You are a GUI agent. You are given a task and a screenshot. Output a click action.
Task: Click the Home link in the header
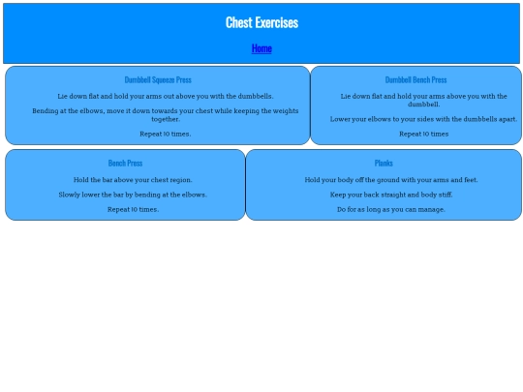pos(261,48)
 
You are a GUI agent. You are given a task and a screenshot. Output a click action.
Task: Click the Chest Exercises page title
pos(261,22)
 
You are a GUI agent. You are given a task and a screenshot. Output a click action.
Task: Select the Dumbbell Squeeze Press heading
pos(158,79)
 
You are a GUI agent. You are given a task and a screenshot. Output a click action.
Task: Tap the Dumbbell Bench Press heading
pos(415,79)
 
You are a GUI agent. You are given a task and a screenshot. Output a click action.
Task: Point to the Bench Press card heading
pos(125,163)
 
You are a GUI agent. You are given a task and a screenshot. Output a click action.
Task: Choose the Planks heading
pos(384,163)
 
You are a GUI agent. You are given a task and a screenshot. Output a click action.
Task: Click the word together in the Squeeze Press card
pos(166,119)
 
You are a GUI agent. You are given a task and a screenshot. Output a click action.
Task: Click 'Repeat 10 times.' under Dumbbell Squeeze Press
pos(166,134)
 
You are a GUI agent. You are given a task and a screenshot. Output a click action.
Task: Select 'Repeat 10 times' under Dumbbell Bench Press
pos(423,134)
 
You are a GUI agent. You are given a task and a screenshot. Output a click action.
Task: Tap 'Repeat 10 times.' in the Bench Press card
pos(133,209)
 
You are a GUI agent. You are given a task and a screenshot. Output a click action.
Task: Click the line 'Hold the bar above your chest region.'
pos(133,180)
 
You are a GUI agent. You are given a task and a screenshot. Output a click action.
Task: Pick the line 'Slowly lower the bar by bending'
pos(133,195)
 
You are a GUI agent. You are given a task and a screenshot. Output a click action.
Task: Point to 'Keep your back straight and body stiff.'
pos(391,195)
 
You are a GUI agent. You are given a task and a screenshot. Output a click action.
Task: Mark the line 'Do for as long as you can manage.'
pos(391,209)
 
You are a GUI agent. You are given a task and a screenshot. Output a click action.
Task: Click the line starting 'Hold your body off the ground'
pos(391,180)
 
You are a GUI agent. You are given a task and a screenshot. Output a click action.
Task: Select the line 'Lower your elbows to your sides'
pos(423,119)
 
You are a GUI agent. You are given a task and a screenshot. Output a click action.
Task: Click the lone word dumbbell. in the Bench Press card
pos(423,105)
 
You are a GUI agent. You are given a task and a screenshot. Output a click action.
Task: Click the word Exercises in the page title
pos(277,22)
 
